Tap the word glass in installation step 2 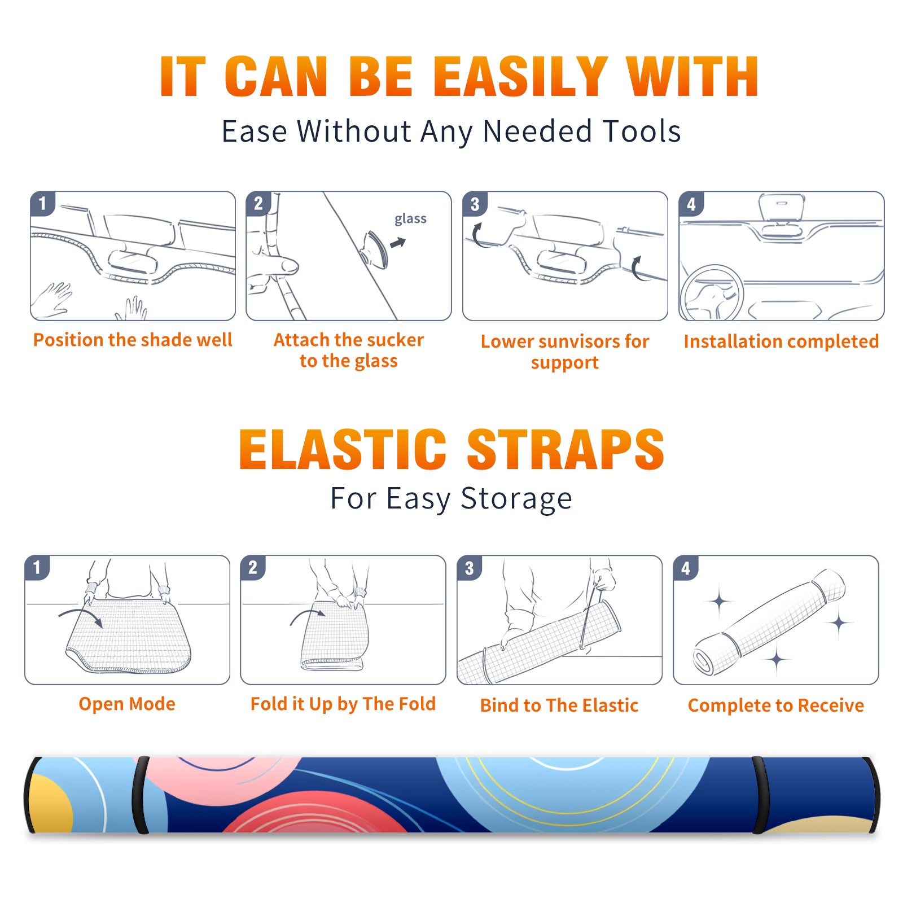[410, 219]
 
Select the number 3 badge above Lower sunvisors [475, 204]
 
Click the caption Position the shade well [133, 340]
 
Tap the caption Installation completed [781, 341]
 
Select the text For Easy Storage [451, 499]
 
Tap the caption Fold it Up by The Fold [343, 704]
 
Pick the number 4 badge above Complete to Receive [686, 568]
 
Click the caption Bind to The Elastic [559, 705]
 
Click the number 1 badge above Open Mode [37, 568]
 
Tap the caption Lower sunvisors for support [565, 352]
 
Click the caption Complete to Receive [776, 705]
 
